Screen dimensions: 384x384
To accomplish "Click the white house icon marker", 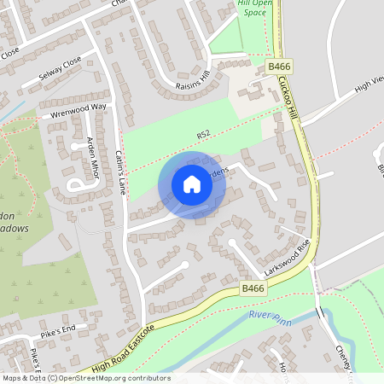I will click(192, 184).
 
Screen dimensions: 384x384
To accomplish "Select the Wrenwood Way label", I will click(79, 108).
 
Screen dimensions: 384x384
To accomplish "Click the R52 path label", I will click(202, 135).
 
